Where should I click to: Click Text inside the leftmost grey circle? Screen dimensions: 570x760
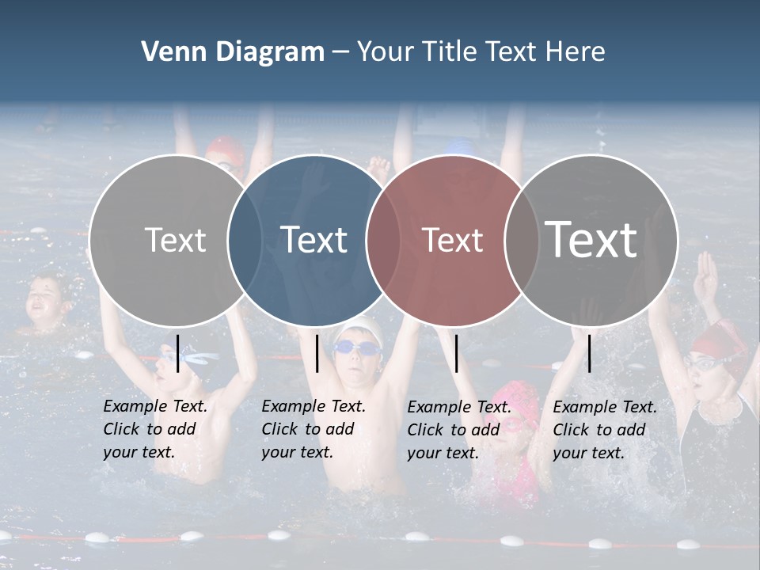(x=175, y=240)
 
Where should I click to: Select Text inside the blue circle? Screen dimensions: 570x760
(x=314, y=240)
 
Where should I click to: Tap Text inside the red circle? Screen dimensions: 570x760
(x=453, y=240)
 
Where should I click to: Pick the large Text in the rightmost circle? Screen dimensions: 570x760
(x=591, y=240)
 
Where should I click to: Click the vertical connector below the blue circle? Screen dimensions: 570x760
(x=317, y=353)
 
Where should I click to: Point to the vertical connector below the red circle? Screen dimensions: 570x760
(x=457, y=353)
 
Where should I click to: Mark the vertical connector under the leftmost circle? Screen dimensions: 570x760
(x=178, y=353)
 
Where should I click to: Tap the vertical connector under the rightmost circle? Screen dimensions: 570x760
(x=590, y=353)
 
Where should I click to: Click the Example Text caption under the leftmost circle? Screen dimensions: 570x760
(x=155, y=429)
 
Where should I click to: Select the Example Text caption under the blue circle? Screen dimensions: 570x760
(x=313, y=429)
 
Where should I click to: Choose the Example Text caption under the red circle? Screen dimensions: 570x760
(x=459, y=430)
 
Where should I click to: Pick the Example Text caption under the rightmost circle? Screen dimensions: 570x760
(x=605, y=430)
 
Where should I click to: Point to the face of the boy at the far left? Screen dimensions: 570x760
(x=44, y=299)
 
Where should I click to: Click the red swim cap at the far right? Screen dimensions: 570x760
(x=716, y=340)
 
